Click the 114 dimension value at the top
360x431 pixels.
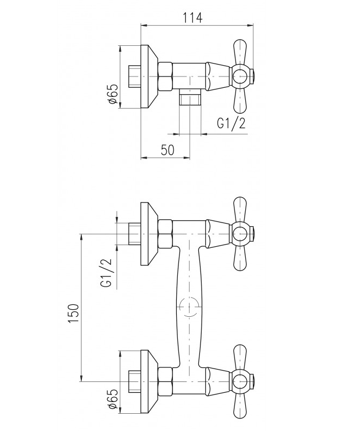coord(193,18)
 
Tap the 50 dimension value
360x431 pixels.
coord(168,150)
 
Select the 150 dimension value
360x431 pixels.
coord(74,314)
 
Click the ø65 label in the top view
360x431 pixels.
coord(113,94)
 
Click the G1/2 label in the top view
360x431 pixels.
coord(231,124)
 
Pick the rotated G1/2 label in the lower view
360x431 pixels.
coord(107,273)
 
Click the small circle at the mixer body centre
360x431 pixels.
coord(190,307)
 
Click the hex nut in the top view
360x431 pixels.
coord(165,77)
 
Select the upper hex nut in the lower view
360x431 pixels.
coord(165,234)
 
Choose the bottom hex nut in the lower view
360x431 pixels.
coord(165,381)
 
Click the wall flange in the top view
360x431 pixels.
coord(149,77)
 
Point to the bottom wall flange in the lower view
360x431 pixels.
coord(149,382)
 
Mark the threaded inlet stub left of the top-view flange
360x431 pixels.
coord(135,77)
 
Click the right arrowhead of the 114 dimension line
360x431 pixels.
coord(250,25)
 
